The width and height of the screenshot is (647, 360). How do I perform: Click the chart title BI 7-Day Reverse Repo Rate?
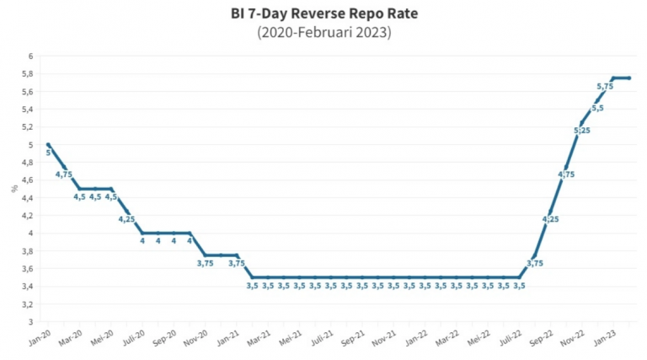tap(323, 13)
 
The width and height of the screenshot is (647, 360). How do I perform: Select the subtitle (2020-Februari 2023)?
tap(323, 33)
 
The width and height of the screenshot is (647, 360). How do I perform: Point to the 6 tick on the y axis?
tap(30, 56)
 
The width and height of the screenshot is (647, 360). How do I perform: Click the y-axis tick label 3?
tap(30, 322)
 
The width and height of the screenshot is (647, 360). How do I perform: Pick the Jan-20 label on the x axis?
tap(40, 339)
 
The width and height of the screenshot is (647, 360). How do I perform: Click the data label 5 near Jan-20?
tap(48, 153)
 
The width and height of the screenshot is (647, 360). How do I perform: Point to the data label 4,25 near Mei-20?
tap(126, 219)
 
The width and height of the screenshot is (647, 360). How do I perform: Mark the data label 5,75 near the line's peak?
tap(605, 86)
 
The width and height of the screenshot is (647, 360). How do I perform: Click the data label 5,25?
tap(581, 130)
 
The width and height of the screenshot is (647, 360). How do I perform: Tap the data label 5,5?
tap(597, 108)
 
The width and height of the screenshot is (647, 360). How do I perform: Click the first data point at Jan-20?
tap(48, 145)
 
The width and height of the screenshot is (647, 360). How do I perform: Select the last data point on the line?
tap(629, 78)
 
